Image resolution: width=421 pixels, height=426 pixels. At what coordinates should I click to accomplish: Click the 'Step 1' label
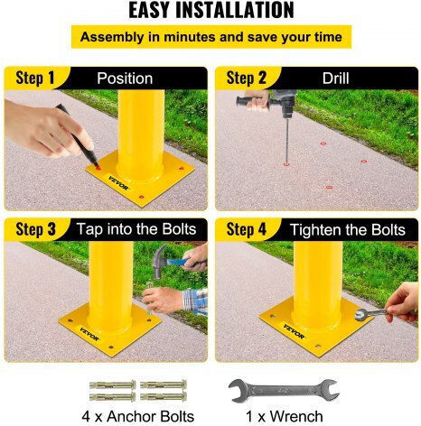[35, 78]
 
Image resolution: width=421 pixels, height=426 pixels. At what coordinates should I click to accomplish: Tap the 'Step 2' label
[247, 78]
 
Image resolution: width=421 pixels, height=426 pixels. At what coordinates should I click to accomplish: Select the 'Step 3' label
[35, 229]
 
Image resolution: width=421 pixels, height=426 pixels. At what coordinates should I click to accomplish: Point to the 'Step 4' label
[247, 229]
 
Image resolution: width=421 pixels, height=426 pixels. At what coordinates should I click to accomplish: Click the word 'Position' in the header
[125, 79]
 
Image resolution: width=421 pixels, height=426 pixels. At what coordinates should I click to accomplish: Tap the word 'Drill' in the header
[335, 79]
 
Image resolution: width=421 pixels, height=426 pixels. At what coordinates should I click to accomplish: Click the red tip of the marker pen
[98, 167]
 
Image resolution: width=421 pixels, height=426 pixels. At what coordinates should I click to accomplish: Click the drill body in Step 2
[283, 102]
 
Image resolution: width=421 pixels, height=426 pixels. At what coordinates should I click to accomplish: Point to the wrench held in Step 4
[371, 313]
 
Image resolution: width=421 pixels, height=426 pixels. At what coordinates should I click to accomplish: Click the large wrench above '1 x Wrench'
[284, 391]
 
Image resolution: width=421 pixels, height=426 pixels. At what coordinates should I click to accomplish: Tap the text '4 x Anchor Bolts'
[138, 416]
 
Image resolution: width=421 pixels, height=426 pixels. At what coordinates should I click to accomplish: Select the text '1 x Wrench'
[285, 416]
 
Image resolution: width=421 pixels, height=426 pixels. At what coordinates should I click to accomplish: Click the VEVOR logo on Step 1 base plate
[118, 183]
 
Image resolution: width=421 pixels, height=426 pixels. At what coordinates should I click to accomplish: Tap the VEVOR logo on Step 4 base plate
[294, 331]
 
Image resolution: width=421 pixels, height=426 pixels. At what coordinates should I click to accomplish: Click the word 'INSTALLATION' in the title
[235, 10]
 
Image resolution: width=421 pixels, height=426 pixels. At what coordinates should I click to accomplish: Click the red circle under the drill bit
[286, 164]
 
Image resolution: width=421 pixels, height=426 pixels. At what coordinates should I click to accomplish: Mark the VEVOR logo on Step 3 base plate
[89, 334]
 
